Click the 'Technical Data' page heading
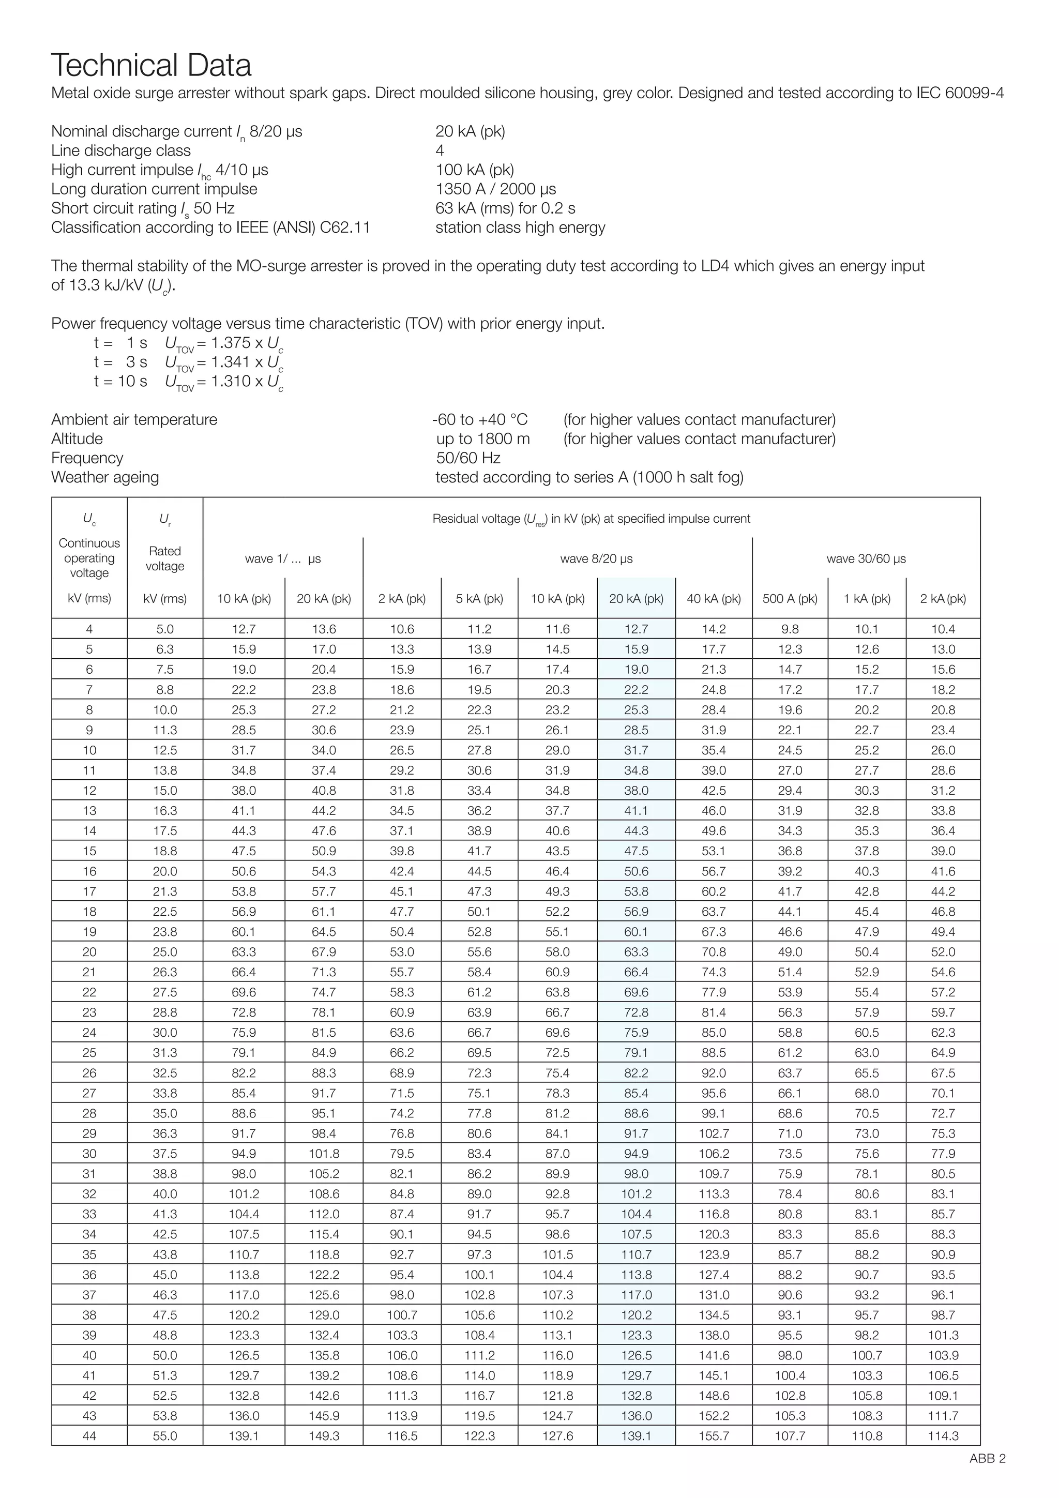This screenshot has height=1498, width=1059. (152, 65)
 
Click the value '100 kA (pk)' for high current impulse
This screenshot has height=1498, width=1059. (474, 170)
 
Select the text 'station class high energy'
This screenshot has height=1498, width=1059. (520, 227)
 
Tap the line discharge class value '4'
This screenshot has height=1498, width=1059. (440, 150)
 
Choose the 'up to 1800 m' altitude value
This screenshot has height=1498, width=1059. (483, 438)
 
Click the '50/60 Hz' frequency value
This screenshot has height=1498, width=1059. (468, 458)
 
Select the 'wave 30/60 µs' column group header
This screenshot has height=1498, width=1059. (866, 558)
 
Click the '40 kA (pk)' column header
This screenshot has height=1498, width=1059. (713, 598)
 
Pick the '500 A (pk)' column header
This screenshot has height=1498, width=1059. (790, 598)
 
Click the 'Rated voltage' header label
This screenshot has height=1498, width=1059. (164, 558)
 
